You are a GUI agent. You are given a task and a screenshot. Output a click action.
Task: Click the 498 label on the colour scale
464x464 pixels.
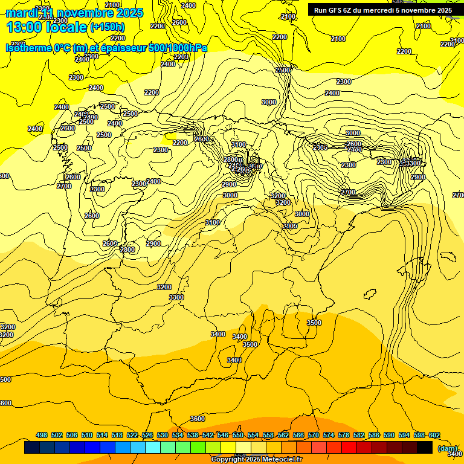click(42, 435)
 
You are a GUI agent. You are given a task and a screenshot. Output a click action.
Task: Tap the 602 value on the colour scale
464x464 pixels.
click(434, 435)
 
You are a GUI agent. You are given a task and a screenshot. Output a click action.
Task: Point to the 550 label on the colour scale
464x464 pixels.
click(238, 435)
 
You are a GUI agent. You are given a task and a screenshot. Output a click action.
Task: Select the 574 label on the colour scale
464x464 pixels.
click(329, 435)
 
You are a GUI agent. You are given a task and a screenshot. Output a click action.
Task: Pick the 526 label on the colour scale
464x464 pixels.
click(147, 435)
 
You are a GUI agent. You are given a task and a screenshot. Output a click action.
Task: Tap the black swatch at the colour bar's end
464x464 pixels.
click(425, 448)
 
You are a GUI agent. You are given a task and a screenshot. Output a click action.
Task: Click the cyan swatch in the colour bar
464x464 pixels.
click(153, 448)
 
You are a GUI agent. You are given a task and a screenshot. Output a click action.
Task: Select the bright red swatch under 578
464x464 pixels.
click(349, 448)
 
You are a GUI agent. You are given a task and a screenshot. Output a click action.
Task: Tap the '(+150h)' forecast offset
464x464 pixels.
click(107, 27)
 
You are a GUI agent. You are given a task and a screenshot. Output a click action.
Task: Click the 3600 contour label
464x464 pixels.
click(198, 419)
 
